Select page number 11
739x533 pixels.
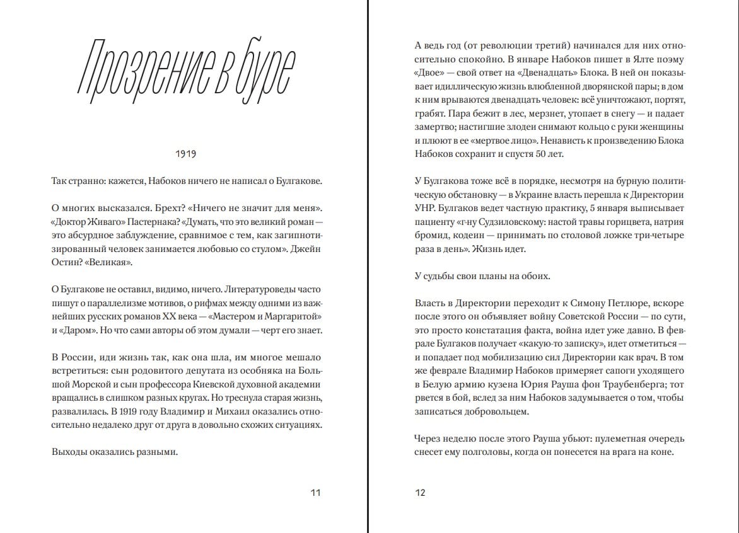coord(315,492)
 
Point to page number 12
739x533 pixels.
coord(420,492)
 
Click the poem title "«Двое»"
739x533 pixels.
coord(429,74)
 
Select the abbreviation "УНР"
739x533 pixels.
coord(425,208)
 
